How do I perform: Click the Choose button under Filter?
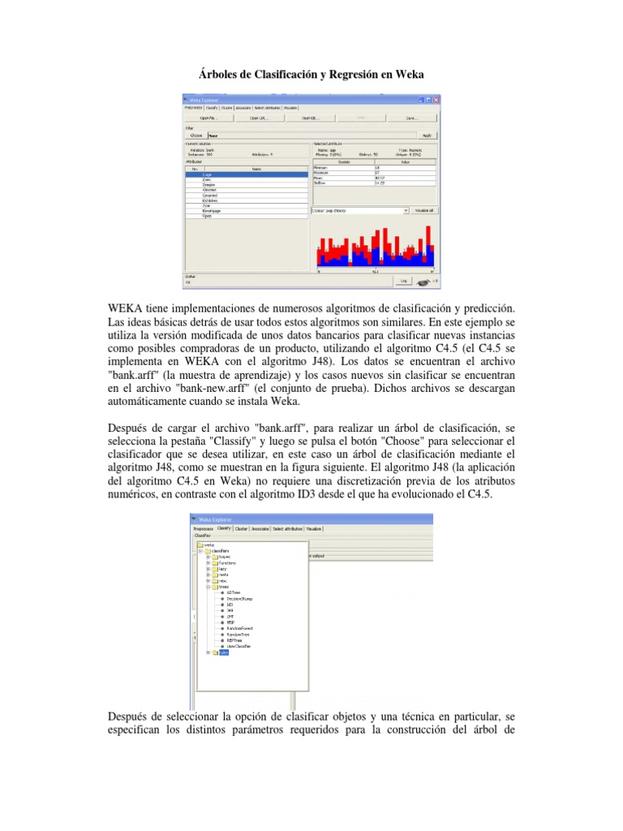click(195, 136)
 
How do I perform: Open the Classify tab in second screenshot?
click(223, 528)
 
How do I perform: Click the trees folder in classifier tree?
click(223, 587)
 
